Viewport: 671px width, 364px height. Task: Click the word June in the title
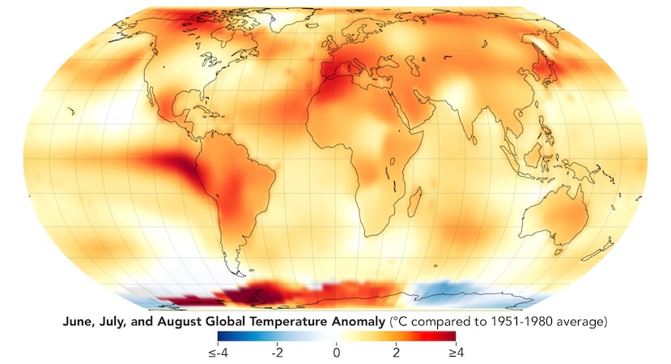pyautogui.click(x=78, y=322)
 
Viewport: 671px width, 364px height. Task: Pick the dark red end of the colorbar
pyautogui.click(x=451, y=336)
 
